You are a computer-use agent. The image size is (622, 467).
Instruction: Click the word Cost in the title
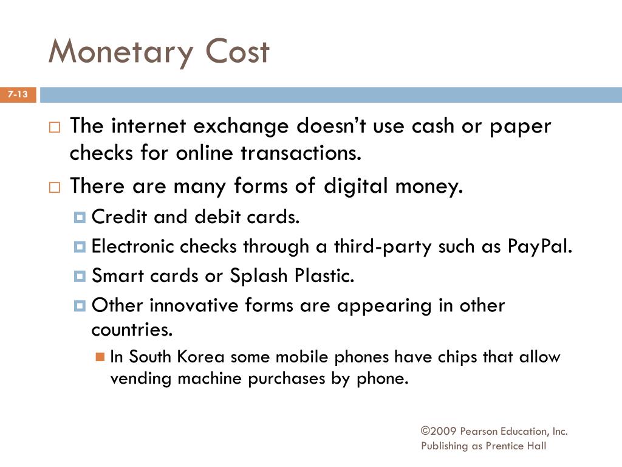coord(236,52)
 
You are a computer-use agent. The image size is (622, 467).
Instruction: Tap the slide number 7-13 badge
coord(18,95)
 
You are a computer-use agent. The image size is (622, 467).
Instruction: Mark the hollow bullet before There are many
coord(55,187)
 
